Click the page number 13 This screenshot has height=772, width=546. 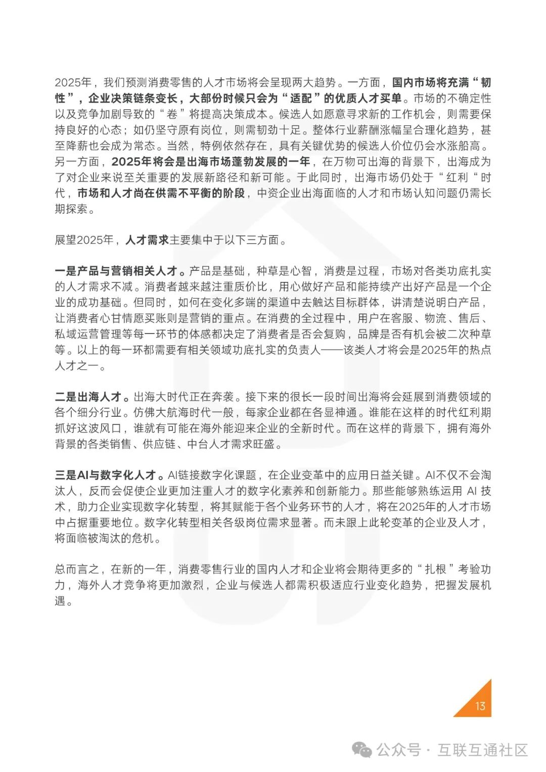(x=480, y=706)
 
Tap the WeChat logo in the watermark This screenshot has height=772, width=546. (x=362, y=750)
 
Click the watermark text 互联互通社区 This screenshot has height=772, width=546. (x=482, y=750)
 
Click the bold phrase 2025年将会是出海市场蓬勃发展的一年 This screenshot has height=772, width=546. (x=210, y=162)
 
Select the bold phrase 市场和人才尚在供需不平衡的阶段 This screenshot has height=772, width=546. (x=161, y=193)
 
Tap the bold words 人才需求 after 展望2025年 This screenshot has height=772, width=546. (x=147, y=239)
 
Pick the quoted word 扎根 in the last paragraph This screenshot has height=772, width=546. (x=435, y=569)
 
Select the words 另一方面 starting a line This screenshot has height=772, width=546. (x=77, y=162)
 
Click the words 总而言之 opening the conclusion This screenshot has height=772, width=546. (x=77, y=569)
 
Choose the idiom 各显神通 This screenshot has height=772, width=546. (x=335, y=412)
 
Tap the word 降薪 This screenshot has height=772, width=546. (x=77, y=146)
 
